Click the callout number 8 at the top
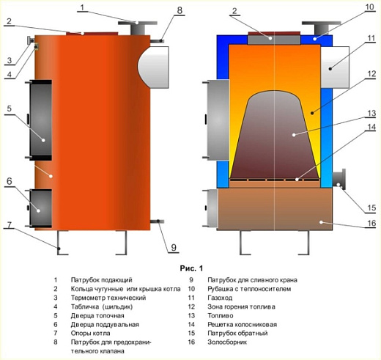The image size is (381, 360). coord(180,10)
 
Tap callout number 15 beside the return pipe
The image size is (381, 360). coord(371,207)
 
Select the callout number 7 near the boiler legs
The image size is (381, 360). coord(9,224)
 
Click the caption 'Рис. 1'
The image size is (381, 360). coord(191,268)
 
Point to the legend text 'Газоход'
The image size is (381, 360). coord(220,298)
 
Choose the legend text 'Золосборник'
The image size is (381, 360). coord(227,342)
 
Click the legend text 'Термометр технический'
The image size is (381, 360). coord(108,298)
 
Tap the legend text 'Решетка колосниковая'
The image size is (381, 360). coord(242,325)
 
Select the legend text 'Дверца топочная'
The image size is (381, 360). coord(97,315)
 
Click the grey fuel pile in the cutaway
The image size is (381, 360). coord(275,134)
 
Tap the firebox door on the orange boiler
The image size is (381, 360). coord(40,120)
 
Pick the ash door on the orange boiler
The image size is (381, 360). coord(40,208)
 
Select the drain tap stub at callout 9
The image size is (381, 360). coord(157,221)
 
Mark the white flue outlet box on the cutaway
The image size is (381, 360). coord(335,67)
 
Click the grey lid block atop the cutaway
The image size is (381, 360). coord(274,40)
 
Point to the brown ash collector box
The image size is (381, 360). coord(275,209)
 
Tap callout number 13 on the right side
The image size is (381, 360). coord(371,113)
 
